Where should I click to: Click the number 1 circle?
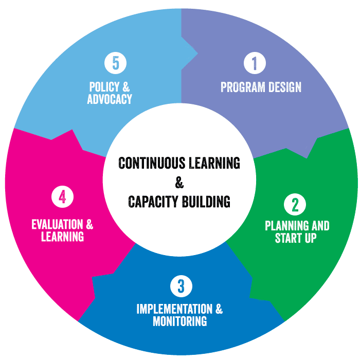coord(254,63)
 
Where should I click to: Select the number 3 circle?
coord(180,285)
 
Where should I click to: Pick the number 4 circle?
coord(63,197)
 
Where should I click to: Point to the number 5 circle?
coord(115,63)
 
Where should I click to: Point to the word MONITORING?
coord(180,321)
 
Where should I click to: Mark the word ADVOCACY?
coord(110,99)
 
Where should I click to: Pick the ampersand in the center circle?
coord(179,182)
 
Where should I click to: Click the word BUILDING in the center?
coord(206,201)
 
